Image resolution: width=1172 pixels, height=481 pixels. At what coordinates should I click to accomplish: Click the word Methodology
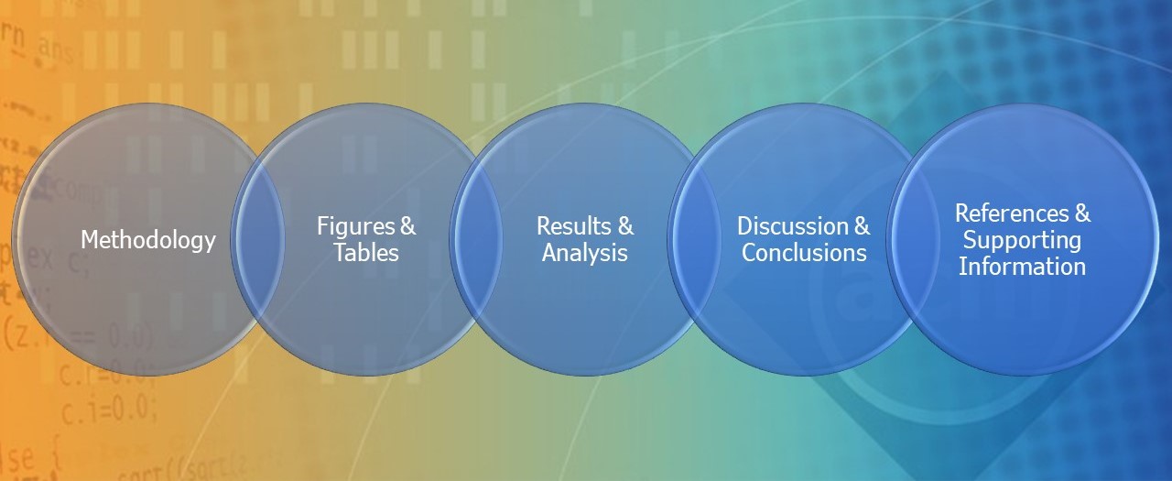click(148, 241)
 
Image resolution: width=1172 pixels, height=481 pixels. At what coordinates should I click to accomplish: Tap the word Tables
click(366, 252)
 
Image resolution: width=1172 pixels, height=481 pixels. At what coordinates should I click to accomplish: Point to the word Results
click(574, 226)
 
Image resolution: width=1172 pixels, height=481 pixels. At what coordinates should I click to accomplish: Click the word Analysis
click(584, 253)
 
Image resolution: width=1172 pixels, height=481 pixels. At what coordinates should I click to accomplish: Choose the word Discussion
click(793, 226)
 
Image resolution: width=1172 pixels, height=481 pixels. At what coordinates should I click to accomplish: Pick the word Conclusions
click(804, 252)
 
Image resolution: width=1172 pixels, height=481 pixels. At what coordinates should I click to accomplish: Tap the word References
click(1012, 213)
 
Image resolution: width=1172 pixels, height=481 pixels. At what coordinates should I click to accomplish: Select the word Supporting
click(1022, 241)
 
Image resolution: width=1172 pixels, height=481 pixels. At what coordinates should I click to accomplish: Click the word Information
click(1022, 266)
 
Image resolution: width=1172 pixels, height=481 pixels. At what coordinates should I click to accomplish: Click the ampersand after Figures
click(407, 226)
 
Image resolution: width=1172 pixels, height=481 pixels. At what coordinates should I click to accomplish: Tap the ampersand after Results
click(625, 226)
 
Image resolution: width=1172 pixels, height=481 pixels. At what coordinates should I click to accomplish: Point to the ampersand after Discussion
click(862, 226)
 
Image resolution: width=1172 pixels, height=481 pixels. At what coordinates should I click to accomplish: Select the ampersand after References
click(1082, 213)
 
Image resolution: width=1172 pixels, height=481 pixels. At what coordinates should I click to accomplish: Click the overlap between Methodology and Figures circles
click(258, 239)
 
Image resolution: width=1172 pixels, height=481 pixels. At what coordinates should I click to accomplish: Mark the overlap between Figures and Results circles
click(477, 239)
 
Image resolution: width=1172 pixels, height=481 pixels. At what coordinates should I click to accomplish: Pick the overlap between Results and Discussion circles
click(695, 239)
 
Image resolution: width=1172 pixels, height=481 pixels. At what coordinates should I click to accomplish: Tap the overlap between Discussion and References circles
click(914, 239)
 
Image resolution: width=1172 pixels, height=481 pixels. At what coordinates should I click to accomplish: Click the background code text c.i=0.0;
click(109, 410)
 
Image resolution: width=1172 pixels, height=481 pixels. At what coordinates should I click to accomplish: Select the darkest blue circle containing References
click(1023, 239)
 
